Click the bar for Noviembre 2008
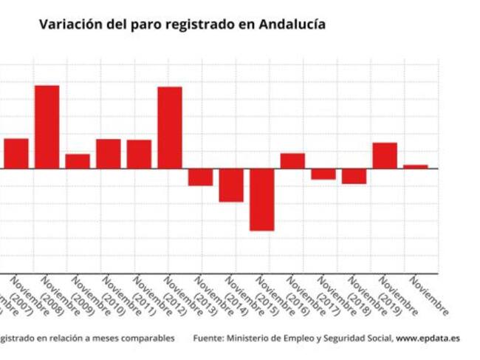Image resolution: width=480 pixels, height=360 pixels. coord(47,126)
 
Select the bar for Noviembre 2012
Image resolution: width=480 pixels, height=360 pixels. coord(170,127)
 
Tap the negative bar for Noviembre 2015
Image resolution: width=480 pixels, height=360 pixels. coord(261,199)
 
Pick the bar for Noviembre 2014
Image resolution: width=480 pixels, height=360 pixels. coord(231,185)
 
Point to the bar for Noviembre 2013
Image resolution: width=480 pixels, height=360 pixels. coord(200,177)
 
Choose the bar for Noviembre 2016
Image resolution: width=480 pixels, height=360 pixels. coord(292,160)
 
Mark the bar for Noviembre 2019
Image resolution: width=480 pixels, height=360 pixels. coord(385,155)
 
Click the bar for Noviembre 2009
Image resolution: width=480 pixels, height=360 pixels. coord(78,161)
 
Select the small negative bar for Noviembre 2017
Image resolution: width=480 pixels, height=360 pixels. coord(323,174)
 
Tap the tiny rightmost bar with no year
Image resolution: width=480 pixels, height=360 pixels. coord(415,166)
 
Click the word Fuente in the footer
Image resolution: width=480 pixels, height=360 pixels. coord(208,338)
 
